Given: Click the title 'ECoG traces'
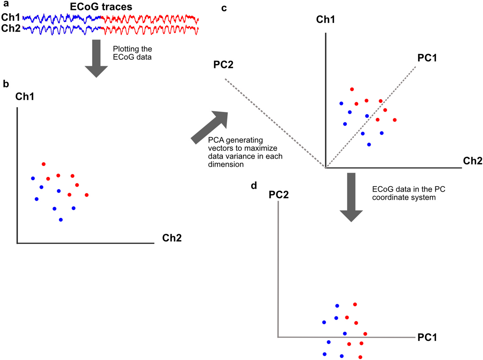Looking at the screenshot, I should click(x=101, y=7).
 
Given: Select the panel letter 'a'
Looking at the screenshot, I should click(x=6, y=4).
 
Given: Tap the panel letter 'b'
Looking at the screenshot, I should click(x=6, y=84).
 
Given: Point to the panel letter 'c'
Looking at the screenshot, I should click(x=224, y=8).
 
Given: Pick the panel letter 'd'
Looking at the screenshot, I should click(x=254, y=186).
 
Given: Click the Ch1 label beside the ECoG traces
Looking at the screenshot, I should click(x=11, y=17).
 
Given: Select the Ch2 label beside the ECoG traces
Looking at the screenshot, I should click(x=11, y=29).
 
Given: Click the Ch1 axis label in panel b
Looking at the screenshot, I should click(x=25, y=97).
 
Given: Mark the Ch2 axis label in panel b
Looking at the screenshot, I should click(x=172, y=238).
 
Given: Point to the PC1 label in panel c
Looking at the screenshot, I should click(x=427, y=58).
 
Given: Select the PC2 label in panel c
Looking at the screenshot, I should click(x=223, y=65).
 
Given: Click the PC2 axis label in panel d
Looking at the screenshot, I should click(x=279, y=195).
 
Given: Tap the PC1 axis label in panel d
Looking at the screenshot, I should click(x=427, y=337).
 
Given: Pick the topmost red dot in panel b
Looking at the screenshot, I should click(x=44, y=164).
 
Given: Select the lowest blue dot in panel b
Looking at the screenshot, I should click(x=61, y=220).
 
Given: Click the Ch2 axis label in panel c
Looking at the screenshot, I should click(x=472, y=161).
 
